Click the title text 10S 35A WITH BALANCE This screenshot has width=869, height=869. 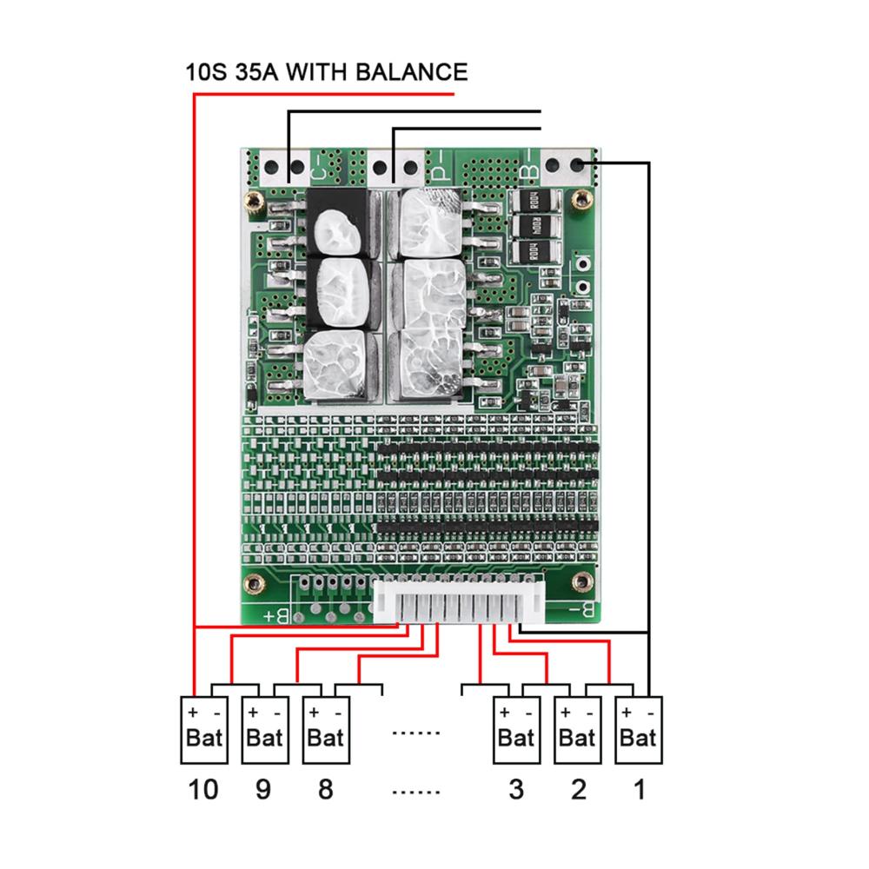coord(326,71)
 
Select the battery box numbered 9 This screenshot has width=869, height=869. coord(265,729)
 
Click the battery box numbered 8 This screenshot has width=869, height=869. coord(326,729)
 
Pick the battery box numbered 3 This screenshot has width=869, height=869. coord(516,729)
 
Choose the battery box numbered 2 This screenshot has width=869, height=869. coord(577,729)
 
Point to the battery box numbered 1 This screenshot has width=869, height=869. coord(638,729)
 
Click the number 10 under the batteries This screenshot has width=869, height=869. coord(203,790)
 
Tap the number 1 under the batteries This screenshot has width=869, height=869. coord(639,790)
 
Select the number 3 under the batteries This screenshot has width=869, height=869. coord(516,790)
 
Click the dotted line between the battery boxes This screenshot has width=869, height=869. coord(416,733)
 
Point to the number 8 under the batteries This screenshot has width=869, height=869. coord(325,790)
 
